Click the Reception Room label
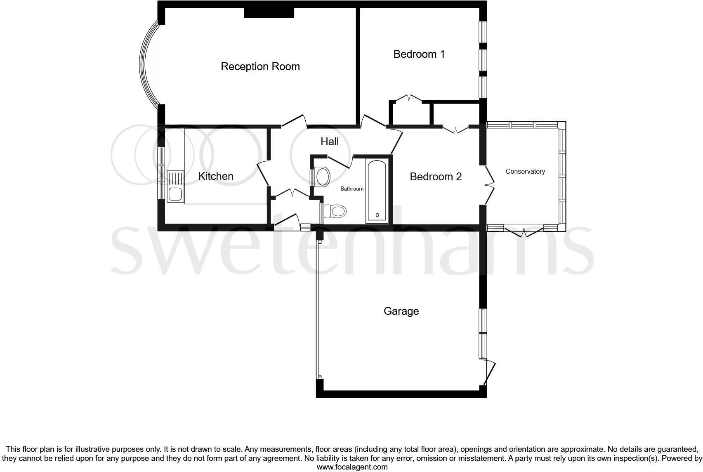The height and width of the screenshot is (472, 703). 260,66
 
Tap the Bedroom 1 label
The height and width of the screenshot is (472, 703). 419,54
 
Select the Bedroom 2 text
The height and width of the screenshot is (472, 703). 435,177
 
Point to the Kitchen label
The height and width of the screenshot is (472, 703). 215,176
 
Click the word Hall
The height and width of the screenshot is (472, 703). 329,142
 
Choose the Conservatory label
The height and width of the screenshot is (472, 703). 525,171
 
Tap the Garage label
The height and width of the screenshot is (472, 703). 401,311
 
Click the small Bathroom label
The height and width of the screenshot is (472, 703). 351,189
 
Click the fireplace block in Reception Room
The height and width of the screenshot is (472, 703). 269,12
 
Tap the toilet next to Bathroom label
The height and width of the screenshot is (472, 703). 335,212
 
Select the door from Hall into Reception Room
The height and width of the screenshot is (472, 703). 293,121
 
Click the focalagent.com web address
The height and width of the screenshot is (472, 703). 351,467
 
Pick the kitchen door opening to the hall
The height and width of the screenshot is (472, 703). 263,174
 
